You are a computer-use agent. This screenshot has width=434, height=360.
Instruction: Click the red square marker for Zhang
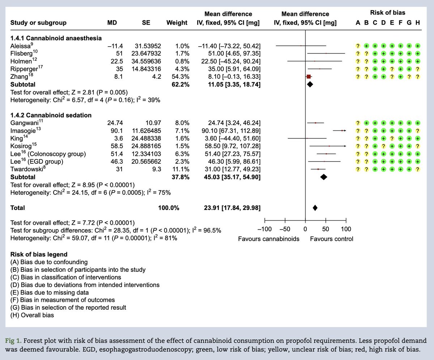click(x=309, y=77)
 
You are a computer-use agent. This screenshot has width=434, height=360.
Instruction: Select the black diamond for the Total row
click(x=315, y=208)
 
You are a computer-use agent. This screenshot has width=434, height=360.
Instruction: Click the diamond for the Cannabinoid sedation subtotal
click(x=323, y=177)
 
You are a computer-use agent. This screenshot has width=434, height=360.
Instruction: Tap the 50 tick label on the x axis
click(x=325, y=229)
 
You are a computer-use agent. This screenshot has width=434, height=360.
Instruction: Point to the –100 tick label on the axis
click(x=264, y=229)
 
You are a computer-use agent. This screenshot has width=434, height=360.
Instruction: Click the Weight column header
click(x=176, y=23)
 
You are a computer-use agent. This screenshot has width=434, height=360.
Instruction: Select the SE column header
click(x=146, y=23)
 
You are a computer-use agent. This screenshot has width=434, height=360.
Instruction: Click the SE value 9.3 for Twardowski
click(x=153, y=169)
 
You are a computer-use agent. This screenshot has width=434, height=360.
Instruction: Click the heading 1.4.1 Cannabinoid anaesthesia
click(x=56, y=38)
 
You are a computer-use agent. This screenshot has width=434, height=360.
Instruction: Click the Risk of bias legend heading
click(x=39, y=254)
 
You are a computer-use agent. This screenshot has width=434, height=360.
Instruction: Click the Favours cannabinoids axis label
click(x=268, y=239)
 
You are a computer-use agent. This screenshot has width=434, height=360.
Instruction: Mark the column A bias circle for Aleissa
click(x=358, y=46)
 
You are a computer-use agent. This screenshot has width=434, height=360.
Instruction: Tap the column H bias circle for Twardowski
click(x=418, y=169)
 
